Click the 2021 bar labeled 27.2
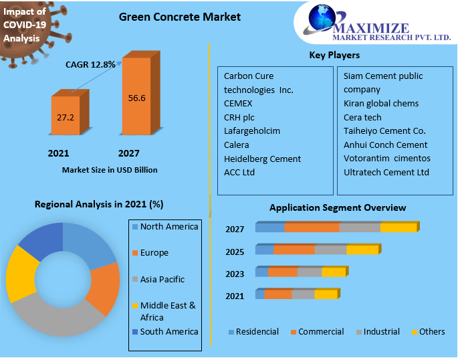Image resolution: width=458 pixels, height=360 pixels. [x=66, y=116]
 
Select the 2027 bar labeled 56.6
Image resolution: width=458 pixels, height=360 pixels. [x=136, y=98]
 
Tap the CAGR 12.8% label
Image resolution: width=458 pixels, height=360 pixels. [x=90, y=65]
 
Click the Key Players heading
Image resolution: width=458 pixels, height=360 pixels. [x=334, y=55]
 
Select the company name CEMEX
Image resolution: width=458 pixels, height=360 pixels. [x=238, y=104]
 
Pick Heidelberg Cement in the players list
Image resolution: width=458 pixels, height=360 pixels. [x=262, y=159]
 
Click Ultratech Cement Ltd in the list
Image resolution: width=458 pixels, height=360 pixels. [x=386, y=173]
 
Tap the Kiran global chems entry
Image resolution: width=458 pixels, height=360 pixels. [x=381, y=104]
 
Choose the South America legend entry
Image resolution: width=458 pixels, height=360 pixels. [x=168, y=331]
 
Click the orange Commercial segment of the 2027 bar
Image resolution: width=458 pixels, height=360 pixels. [x=312, y=228]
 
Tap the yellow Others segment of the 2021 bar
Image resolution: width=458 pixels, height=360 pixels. [x=326, y=294]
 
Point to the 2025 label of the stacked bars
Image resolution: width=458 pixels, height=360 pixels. [x=235, y=252]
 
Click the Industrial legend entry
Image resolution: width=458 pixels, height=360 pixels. [x=380, y=332]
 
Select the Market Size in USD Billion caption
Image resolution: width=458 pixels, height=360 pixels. [x=110, y=170]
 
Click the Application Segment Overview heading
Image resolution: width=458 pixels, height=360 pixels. [x=338, y=208]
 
